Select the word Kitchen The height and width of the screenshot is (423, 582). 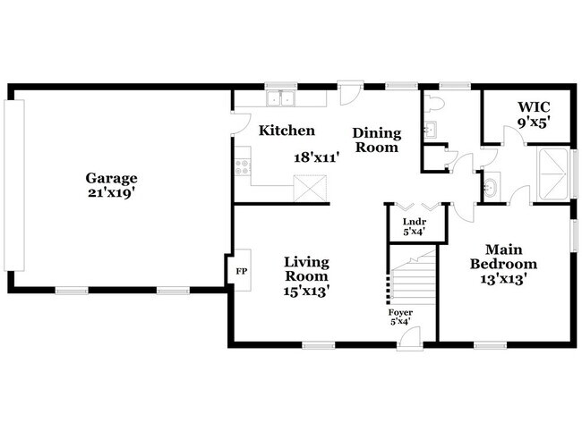[x=287, y=131]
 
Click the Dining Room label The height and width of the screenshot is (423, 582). [x=376, y=140]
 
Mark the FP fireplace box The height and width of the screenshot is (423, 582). [x=240, y=270]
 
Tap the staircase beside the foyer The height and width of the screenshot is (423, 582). [x=412, y=284]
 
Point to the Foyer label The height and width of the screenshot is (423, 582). [x=400, y=317]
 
